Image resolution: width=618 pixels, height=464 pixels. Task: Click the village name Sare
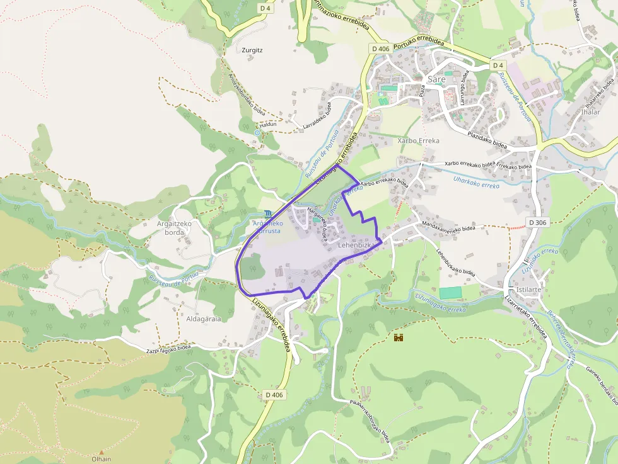click(436, 79)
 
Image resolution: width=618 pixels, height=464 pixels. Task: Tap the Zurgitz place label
click(252, 49)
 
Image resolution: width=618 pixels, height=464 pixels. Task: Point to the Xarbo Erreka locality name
click(418, 141)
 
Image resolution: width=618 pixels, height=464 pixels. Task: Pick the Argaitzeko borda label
click(170, 228)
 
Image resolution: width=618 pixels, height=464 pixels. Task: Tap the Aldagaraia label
click(204, 319)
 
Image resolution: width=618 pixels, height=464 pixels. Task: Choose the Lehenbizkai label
click(357, 244)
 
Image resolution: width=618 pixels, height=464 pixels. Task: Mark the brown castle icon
click(399, 338)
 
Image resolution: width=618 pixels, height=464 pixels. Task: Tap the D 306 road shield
click(537, 222)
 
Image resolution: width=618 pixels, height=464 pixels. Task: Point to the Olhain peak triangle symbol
click(102, 451)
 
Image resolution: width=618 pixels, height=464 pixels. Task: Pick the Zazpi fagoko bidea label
click(168, 349)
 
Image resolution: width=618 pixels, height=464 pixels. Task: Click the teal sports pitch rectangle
click(450, 293)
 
